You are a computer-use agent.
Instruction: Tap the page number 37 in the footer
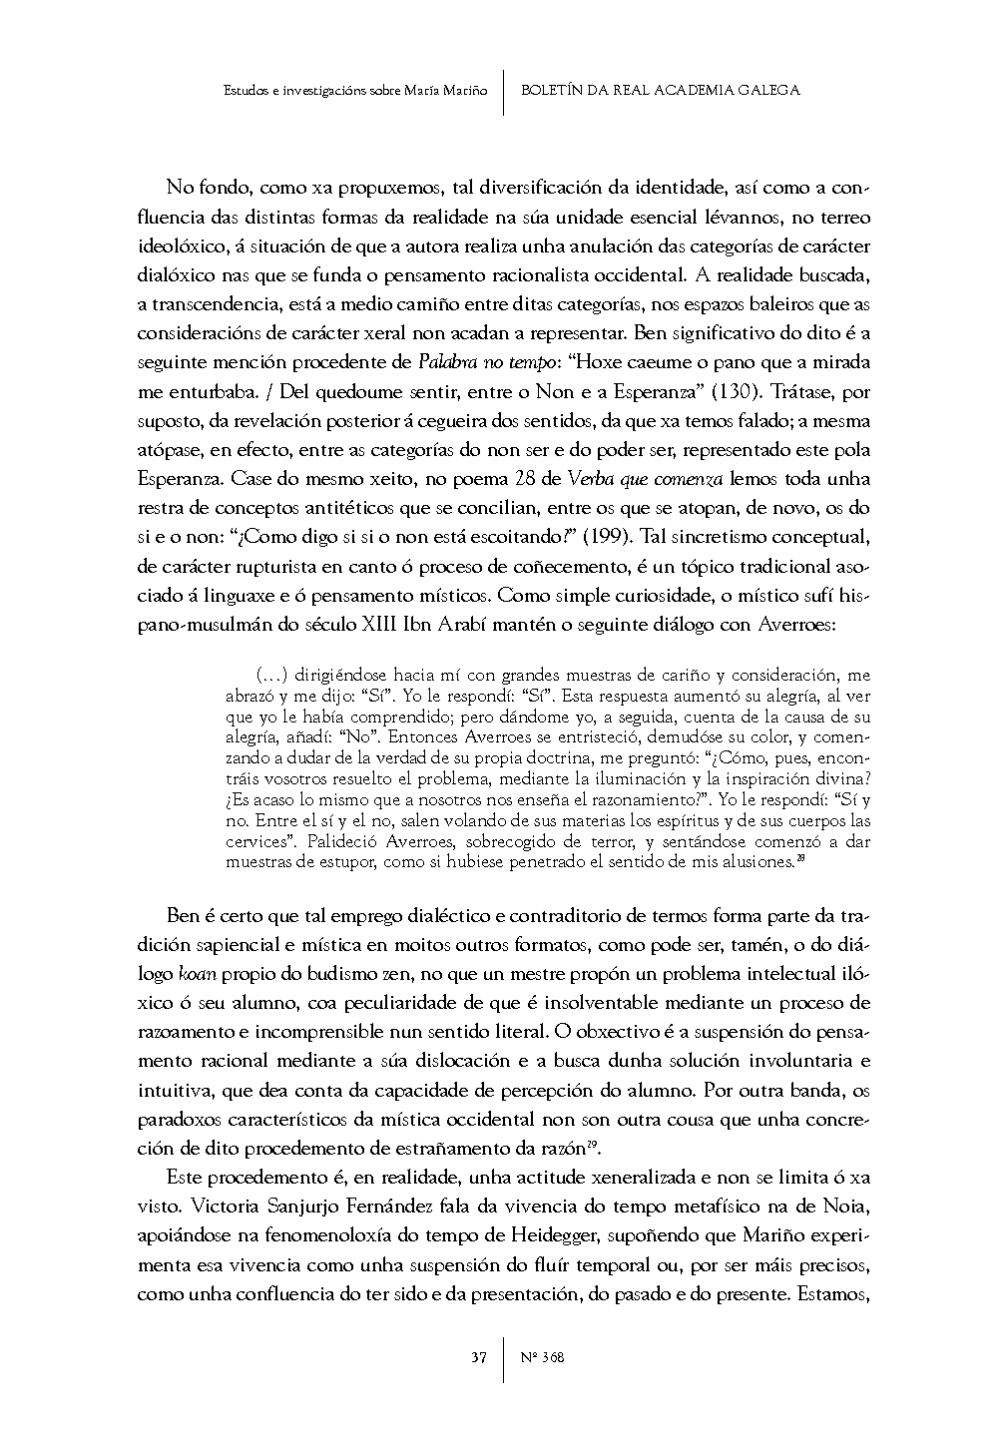point(479,1357)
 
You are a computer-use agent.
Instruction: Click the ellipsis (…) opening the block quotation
point(264,677)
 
